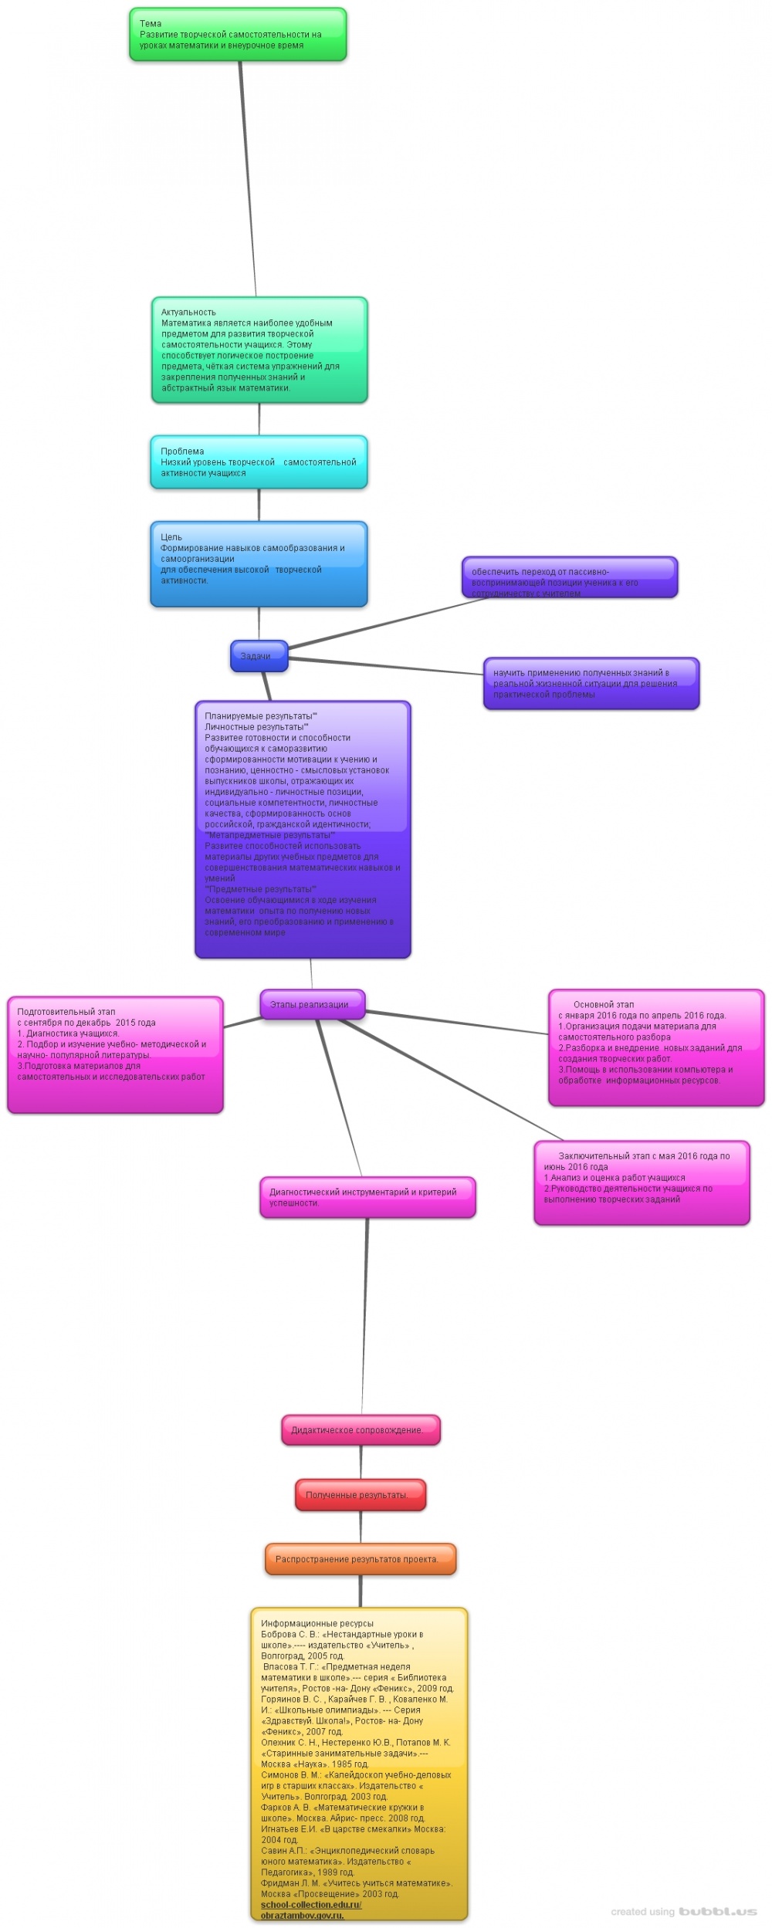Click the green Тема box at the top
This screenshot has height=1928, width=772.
click(x=238, y=35)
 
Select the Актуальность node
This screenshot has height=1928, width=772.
click(x=259, y=350)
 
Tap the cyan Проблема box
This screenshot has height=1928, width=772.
click(x=259, y=462)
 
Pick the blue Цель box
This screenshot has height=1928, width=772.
click(x=259, y=563)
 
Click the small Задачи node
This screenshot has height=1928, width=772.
click(x=259, y=656)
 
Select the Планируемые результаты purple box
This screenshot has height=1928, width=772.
click(x=303, y=829)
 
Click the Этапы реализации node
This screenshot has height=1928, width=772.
click(x=312, y=1004)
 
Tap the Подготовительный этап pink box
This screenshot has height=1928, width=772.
click(x=115, y=1054)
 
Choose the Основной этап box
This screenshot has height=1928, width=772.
click(x=656, y=1047)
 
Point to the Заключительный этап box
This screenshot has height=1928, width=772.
click(x=642, y=1182)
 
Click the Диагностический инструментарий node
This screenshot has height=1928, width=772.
click(x=367, y=1197)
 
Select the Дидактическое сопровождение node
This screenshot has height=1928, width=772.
click(x=360, y=1429)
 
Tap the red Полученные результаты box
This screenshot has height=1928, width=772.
click(x=360, y=1494)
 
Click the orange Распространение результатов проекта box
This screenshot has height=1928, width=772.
click(x=360, y=1558)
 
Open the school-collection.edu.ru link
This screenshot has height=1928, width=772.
click(x=311, y=1904)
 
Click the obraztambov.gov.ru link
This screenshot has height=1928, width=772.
click(x=302, y=1915)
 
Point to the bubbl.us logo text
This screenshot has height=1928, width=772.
click(x=717, y=1911)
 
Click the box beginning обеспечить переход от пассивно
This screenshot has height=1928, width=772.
click(x=570, y=577)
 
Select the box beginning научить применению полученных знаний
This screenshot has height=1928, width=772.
click(x=591, y=683)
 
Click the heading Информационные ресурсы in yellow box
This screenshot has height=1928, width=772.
click(x=317, y=1623)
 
